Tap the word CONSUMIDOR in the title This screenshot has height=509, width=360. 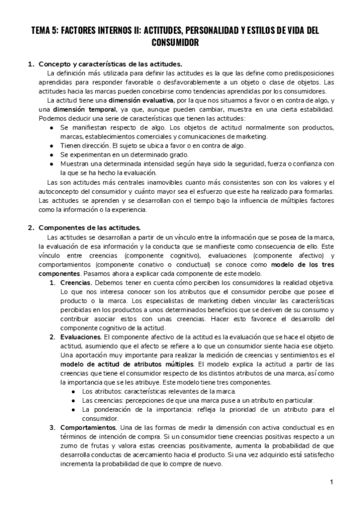[179, 43]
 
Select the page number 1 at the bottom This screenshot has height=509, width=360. [331, 482]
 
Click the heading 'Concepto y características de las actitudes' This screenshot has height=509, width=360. [110, 64]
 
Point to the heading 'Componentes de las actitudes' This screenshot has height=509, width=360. [89, 227]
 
